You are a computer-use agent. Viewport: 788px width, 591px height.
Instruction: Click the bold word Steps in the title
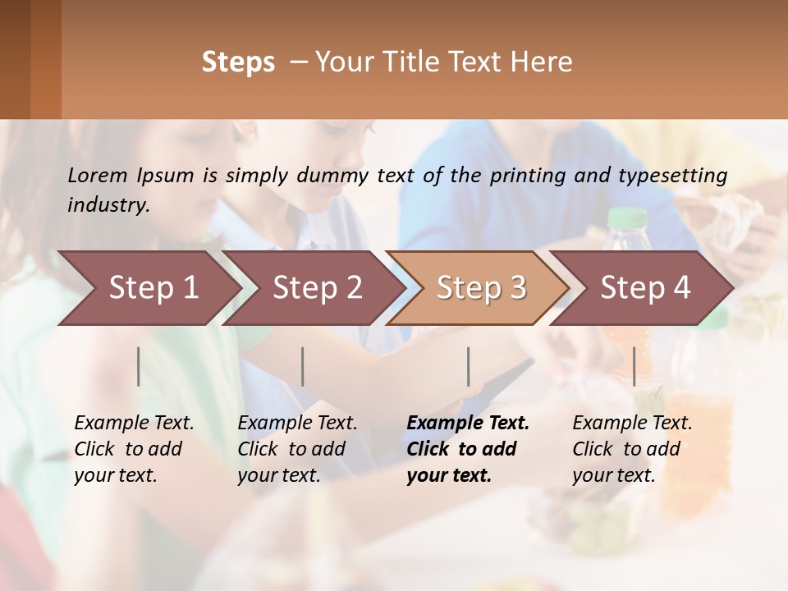pos(238,62)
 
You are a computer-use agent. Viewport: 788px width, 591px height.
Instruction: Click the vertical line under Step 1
pos(139,366)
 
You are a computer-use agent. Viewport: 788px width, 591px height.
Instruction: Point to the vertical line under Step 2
pos(303,366)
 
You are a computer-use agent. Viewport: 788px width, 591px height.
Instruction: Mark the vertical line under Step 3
pos(469,366)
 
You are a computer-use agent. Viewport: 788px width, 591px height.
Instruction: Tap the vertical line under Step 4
pos(635,366)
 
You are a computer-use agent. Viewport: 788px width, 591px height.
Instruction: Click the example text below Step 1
pos(134,449)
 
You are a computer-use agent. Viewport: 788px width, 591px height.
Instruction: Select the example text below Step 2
pos(297,449)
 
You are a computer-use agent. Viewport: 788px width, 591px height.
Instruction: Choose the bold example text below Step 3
pos(467,449)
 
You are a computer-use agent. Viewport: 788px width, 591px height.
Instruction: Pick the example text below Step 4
pos(632,449)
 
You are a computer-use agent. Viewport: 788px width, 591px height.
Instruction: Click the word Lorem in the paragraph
pos(98,175)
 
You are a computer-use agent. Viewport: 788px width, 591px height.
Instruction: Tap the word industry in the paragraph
pos(108,205)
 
